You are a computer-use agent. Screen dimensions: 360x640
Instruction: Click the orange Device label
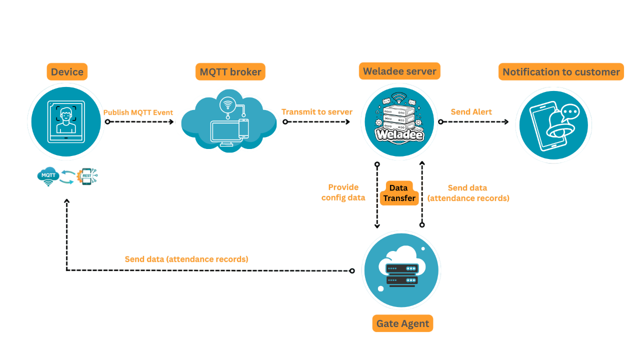67,72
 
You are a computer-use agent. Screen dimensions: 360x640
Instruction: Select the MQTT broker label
230,72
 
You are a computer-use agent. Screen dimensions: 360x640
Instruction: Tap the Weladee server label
399,71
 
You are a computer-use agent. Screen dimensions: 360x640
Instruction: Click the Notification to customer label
561,72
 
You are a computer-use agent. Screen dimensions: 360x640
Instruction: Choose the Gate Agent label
402,323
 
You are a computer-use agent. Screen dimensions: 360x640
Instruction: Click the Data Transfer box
398,193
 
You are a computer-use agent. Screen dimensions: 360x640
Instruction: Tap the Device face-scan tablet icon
66,121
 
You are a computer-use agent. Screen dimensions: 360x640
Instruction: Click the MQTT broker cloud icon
229,121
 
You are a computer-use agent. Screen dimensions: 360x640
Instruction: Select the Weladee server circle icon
399,122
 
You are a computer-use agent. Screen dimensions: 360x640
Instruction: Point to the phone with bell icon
553,124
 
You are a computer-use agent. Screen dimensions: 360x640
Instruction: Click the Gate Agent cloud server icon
401,270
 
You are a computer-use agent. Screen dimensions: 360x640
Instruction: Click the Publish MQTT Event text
138,112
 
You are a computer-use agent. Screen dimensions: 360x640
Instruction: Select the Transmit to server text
316,112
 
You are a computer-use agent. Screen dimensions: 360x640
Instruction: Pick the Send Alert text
471,112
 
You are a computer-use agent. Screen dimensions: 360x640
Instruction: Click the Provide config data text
343,192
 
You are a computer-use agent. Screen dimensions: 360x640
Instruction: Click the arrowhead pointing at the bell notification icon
507,122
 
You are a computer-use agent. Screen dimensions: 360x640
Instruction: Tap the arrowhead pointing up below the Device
66,201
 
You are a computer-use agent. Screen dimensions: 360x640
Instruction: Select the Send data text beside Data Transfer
468,193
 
